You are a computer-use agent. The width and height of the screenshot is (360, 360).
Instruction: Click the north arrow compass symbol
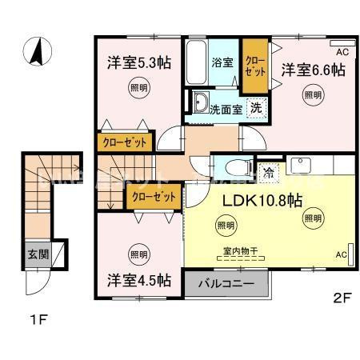(37, 54)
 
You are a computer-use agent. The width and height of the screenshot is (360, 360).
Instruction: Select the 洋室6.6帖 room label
(312, 70)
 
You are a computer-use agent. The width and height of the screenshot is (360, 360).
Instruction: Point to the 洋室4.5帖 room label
(139, 280)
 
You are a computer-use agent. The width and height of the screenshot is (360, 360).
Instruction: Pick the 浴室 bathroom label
(222, 61)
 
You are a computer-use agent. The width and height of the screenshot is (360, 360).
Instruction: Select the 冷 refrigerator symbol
(269, 170)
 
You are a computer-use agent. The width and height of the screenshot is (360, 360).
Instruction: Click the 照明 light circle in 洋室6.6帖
(313, 96)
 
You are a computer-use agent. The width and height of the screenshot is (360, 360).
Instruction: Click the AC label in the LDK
(339, 254)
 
